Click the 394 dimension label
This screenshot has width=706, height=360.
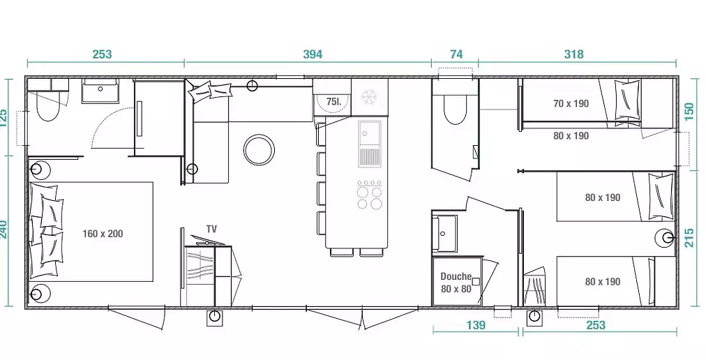(x=313, y=54)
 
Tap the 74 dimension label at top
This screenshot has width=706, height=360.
(x=456, y=54)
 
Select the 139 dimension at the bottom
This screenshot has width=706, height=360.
(x=476, y=325)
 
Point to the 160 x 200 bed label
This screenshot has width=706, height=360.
(x=103, y=234)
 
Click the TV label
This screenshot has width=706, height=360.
(x=211, y=229)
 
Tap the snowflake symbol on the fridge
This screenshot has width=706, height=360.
(x=369, y=97)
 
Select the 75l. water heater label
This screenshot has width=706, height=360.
(x=333, y=102)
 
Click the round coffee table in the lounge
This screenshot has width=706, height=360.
(x=259, y=150)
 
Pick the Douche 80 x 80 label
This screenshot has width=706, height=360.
(x=456, y=283)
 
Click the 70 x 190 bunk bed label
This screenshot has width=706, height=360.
(x=571, y=104)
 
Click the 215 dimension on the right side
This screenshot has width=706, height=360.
(x=689, y=238)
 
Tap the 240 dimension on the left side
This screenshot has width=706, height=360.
(x=4, y=230)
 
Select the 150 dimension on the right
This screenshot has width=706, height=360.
(x=689, y=112)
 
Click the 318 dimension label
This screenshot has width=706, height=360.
(x=573, y=54)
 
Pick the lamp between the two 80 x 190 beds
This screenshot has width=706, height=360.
(x=665, y=237)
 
